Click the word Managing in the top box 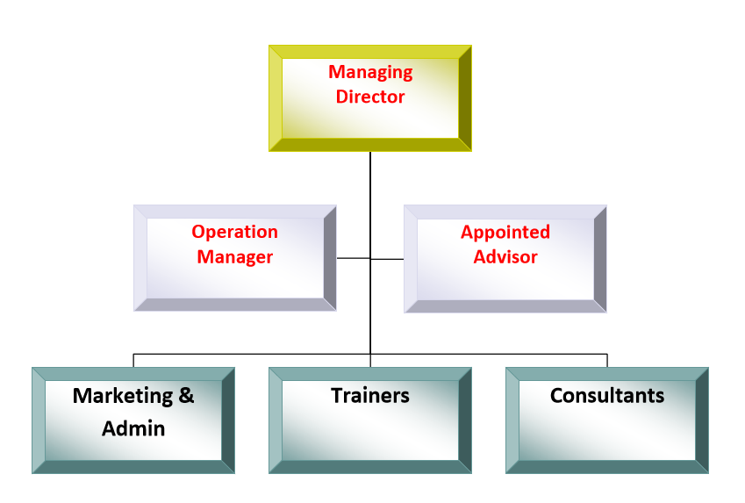[370, 73]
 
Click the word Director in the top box [370, 97]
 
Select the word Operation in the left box [234, 233]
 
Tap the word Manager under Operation [234, 257]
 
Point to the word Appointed [505, 233]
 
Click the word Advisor [505, 257]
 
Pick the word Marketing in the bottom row [120, 396]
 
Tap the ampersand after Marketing [185, 396]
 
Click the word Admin [133, 429]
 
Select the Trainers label [370, 396]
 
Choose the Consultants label [607, 396]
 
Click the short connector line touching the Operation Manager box [353, 258]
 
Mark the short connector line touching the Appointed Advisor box [387, 258]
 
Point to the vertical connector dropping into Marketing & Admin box [133, 360]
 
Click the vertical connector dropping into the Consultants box [607, 360]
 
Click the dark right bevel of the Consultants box [701, 420]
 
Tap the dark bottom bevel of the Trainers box [370, 467]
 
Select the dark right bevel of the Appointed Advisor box [600, 259]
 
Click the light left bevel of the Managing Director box [276, 98]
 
